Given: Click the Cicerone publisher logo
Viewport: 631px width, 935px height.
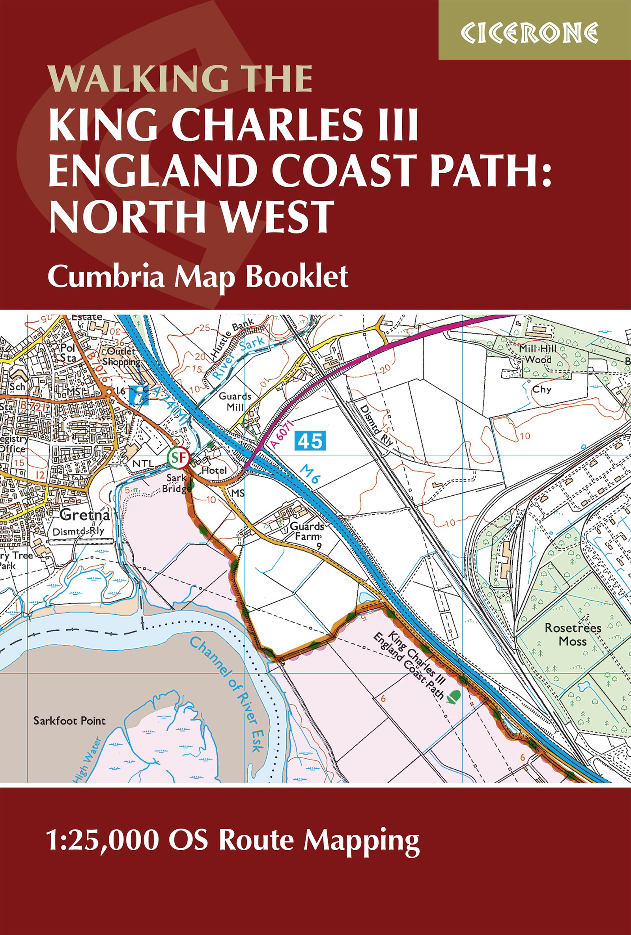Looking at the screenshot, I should tap(530, 33).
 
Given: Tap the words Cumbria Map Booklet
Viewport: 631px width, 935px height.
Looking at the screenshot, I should tap(198, 277).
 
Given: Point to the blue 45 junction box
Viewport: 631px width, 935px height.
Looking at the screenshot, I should tap(310, 440).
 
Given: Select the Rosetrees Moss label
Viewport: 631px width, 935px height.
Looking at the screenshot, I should tap(573, 634).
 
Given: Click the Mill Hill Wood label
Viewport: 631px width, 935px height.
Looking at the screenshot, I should tap(538, 354).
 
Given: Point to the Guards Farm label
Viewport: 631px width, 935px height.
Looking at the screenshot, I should tap(307, 531).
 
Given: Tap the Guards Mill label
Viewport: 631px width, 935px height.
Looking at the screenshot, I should tap(235, 401).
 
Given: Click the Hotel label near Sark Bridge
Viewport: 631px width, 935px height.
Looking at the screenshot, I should tap(214, 470).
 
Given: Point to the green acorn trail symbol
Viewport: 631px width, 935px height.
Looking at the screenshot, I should tap(454, 695).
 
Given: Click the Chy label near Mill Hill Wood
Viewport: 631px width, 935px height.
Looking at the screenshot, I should tap(541, 390).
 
